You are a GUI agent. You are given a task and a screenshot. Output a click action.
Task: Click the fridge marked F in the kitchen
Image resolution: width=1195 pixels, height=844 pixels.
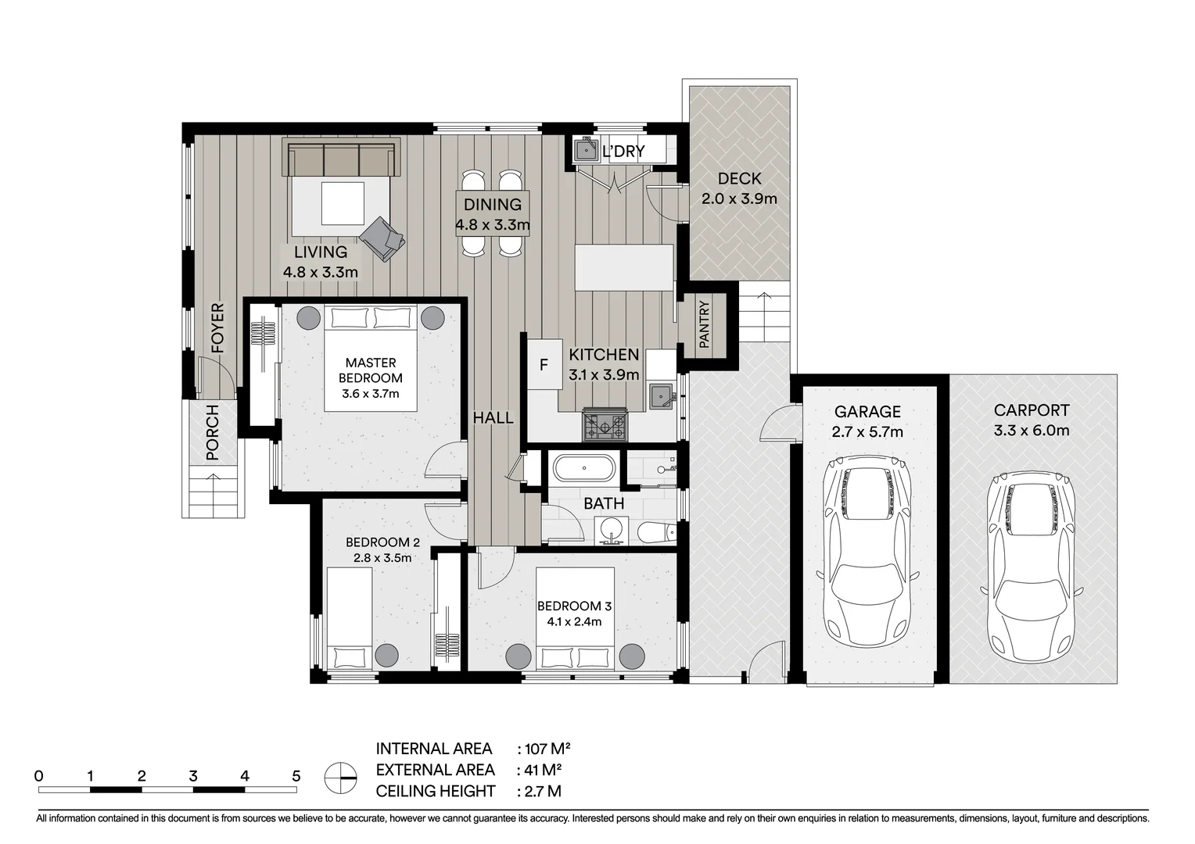point(544,364)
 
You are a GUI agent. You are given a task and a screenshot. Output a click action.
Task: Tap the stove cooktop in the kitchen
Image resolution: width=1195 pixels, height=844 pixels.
point(605,425)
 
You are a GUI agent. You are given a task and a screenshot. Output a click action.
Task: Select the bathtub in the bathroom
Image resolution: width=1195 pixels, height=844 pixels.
point(584,468)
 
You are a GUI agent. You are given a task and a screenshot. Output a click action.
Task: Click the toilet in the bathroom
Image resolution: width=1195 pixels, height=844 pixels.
point(657,532)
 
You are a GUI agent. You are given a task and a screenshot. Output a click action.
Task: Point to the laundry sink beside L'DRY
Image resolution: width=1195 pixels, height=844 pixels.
point(587,150)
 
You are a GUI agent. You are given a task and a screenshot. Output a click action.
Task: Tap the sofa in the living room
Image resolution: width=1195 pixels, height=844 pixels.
point(342,157)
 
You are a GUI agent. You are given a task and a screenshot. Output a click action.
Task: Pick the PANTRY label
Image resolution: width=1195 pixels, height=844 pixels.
point(704,324)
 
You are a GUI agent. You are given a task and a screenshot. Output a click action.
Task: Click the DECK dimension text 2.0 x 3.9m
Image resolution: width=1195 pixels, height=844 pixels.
point(739,198)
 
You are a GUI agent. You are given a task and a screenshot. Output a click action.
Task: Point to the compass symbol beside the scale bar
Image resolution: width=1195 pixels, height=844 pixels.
point(340,778)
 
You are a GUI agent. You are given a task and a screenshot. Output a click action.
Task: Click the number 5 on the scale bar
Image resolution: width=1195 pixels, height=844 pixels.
point(296,776)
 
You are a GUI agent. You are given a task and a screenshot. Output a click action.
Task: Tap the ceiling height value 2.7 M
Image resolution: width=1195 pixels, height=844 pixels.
point(543,791)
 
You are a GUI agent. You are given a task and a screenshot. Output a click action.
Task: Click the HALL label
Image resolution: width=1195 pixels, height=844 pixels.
point(493,418)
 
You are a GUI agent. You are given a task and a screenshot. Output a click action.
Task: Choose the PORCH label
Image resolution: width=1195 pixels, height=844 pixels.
point(212,432)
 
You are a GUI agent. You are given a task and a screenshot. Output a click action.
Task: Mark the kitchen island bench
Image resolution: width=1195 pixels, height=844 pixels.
point(623,267)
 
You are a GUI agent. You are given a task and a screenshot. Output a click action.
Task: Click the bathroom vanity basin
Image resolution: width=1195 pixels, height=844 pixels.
point(612,531)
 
